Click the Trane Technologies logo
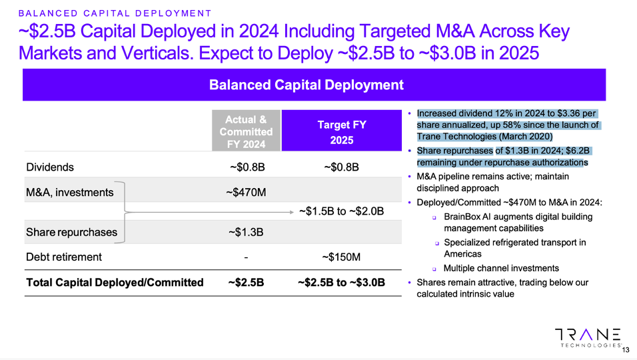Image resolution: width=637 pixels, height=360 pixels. [588, 337]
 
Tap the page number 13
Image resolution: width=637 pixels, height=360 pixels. [626, 348]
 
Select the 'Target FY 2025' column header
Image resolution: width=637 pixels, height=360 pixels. [341, 132]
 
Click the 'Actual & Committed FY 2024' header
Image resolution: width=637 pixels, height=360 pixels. [246, 132]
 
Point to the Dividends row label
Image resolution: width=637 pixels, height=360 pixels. [50, 167]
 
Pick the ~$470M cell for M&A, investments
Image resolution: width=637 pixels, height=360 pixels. [246, 193]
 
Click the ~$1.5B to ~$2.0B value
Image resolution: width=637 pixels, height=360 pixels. [341, 211]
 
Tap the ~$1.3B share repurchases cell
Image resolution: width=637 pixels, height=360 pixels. [246, 232]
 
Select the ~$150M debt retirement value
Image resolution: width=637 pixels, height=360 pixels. [341, 257]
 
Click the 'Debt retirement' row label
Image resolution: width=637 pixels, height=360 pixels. [64, 257]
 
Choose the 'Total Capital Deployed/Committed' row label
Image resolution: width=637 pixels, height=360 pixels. [115, 283]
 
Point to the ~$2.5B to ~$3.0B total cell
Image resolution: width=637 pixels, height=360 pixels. [341, 283]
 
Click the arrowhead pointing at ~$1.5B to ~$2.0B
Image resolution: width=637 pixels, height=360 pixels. [292, 212]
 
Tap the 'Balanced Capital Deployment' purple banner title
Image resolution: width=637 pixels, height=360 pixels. [306, 85]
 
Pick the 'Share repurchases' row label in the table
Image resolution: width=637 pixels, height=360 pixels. [71, 233]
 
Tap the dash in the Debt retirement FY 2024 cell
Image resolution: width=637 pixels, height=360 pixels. [246, 257]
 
